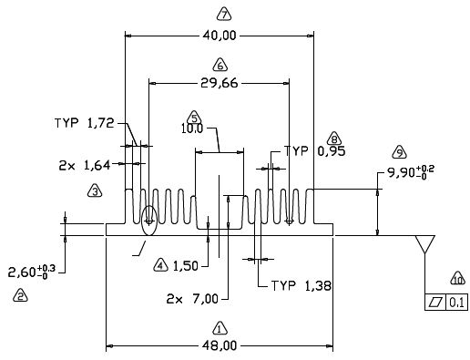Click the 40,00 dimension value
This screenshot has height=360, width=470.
coord(220,36)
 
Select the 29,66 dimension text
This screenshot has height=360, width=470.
coord(220,83)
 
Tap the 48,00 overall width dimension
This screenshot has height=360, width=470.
coord(220,345)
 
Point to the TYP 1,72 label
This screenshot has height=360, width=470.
coord(85,123)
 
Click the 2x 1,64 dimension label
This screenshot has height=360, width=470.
coord(85,166)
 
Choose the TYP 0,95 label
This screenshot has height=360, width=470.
coord(314,151)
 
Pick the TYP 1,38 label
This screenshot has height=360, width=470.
coord(301,286)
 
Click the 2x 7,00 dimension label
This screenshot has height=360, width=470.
coord(192,299)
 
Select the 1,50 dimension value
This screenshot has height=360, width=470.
coord(185,266)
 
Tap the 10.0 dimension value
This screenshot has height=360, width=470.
coord(192,129)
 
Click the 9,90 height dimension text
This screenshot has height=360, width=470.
coord(411,173)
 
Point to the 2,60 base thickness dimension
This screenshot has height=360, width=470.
coord(32,272)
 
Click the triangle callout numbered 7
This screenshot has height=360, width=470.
coord(224,15)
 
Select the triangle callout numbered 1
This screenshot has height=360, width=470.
coord(220,328)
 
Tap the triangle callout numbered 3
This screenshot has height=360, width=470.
coord(95,191)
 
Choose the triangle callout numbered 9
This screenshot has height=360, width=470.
coord(399,152)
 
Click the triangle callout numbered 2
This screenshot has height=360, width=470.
coord(20,295)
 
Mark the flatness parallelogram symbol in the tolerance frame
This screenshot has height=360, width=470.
coord(435,303)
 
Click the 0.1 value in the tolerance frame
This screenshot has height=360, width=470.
coord(456,303)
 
